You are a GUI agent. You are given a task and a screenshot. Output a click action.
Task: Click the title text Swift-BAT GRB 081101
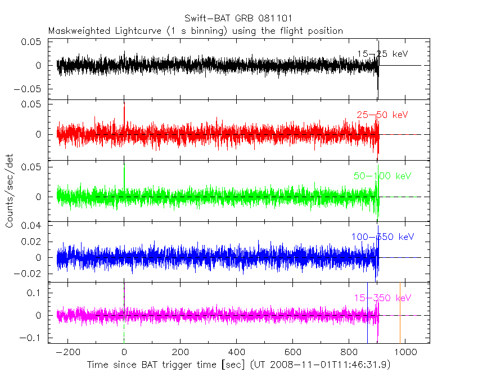238,20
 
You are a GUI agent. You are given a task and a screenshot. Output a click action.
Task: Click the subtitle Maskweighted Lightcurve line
196,31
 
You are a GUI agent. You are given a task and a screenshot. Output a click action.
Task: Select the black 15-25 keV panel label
382,54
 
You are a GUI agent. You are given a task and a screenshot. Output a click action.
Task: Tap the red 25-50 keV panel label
382,115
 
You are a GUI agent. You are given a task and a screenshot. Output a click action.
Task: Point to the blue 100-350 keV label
380,237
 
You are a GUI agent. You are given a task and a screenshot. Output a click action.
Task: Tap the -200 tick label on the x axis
68,352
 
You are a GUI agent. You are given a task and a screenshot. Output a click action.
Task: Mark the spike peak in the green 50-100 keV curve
124,167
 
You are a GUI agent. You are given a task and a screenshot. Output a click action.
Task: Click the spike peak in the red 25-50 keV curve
124,106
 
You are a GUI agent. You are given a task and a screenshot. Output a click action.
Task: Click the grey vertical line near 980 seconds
400,312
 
